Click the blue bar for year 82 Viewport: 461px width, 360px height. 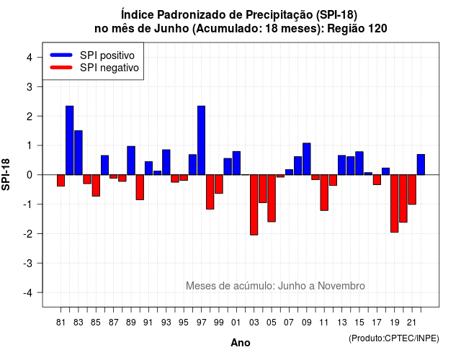click(x=70, y=140)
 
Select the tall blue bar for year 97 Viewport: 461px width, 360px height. click(x=202, y=140)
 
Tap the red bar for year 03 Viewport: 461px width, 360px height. click(x=254, y=204)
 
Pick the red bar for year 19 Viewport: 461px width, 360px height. click(x=395, y=203)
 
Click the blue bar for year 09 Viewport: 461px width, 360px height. click(x=307, y=159)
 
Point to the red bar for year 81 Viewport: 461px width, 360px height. click(x=61, y=181)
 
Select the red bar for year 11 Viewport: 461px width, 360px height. click(x=324, y=192)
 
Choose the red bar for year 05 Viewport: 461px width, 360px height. click(x=272, y=198)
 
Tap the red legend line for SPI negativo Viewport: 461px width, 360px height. click(x=61, y=67)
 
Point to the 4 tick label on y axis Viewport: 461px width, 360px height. click(x=30, y=58)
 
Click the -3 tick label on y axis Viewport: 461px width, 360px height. click(x=28, y=263)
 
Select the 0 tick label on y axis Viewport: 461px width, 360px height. click(x=30, y=175)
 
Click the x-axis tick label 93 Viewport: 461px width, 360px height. click(x=166, y=323)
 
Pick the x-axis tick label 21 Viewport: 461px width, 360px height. click(x=412, y=323)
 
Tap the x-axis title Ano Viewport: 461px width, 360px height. click(x=241, y=343)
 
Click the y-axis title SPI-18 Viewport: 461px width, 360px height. click(x=6, y=174)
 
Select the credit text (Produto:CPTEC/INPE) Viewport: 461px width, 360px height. click(x=394, y=338)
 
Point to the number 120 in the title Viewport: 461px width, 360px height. click(x=377, y=29)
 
